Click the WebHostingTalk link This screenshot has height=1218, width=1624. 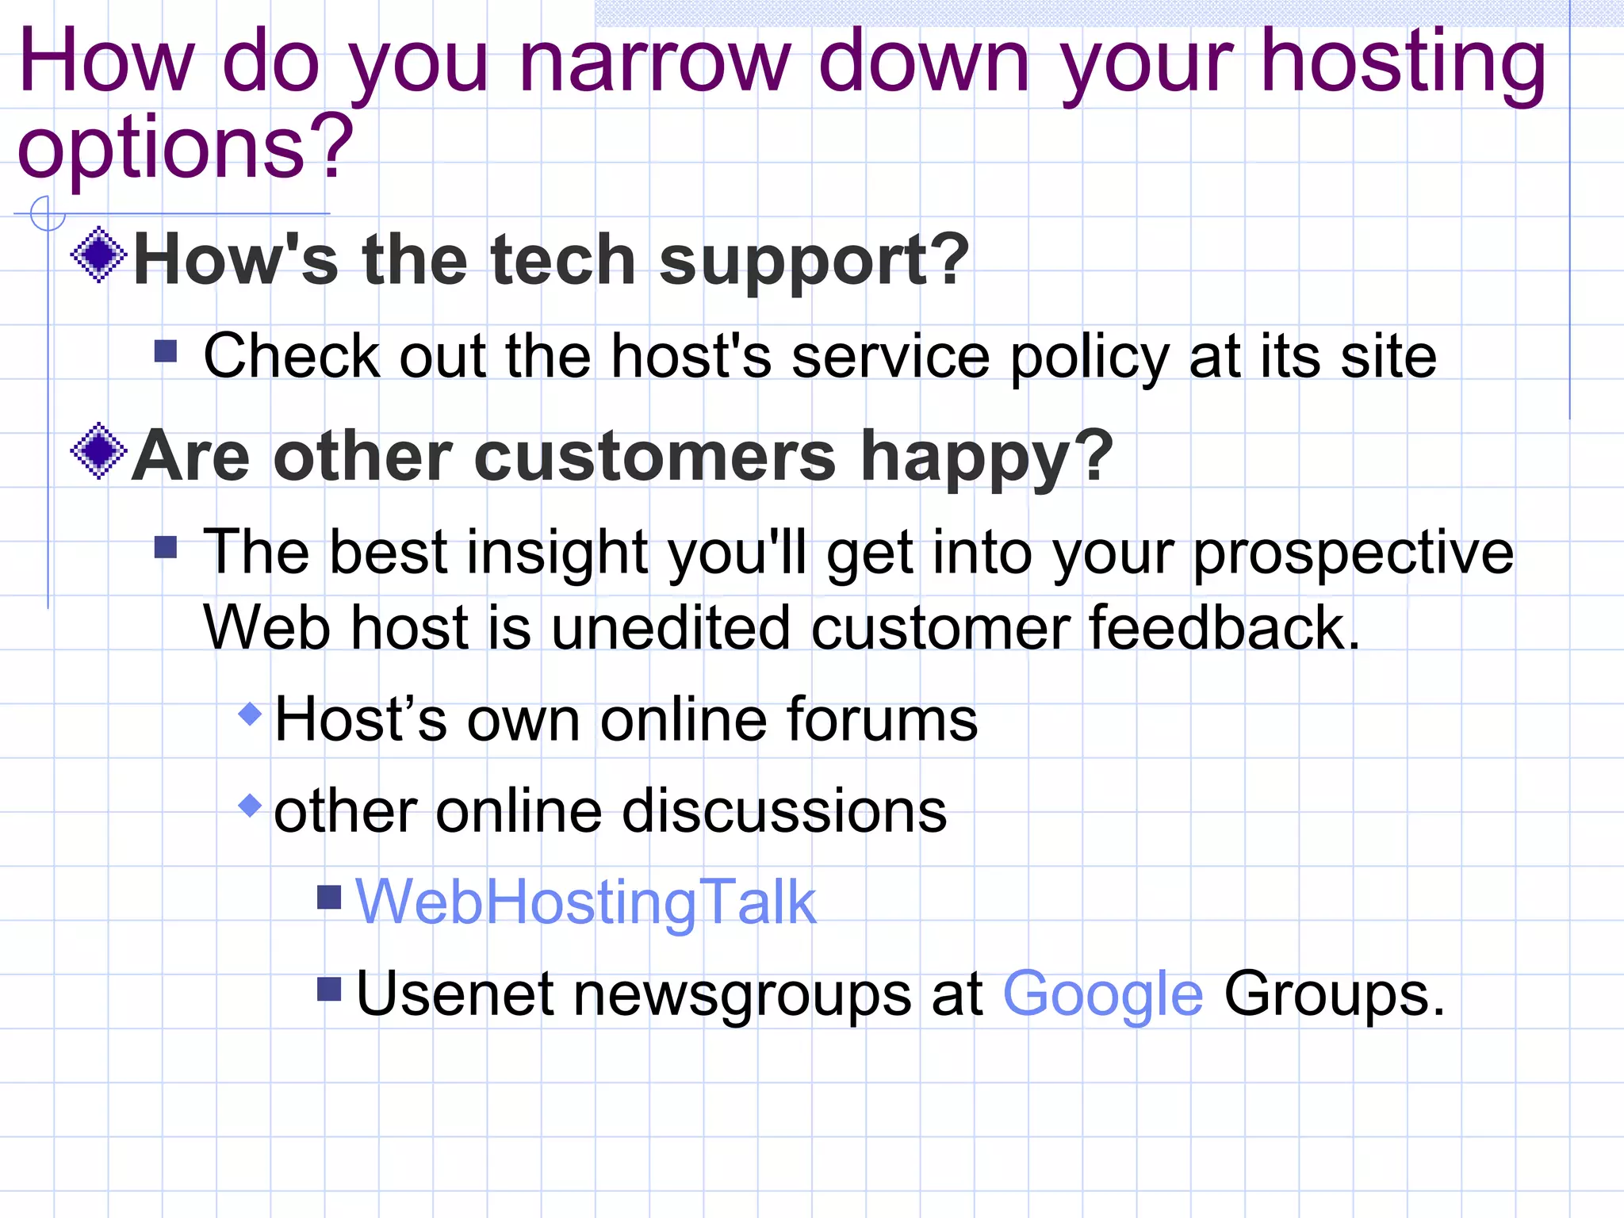tap(585, 902)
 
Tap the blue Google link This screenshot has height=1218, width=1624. tap(1103, 994)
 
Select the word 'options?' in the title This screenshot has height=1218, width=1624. tap(185, 147)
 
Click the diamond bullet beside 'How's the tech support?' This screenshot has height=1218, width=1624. tap(98, 255)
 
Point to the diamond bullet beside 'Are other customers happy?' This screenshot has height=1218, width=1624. tap(98, 450)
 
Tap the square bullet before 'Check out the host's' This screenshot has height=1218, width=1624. tap(166, 350)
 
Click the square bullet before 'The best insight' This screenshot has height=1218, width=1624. tap(166, 547)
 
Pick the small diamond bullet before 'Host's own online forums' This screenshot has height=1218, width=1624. tap(250, 714)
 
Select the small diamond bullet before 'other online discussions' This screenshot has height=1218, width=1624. tap(250, 806)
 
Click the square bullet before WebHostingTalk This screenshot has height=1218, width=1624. tap(329, 898)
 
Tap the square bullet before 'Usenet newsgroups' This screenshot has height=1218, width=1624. tap(329, 989)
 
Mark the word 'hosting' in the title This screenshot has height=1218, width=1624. tap(1403, 62)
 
